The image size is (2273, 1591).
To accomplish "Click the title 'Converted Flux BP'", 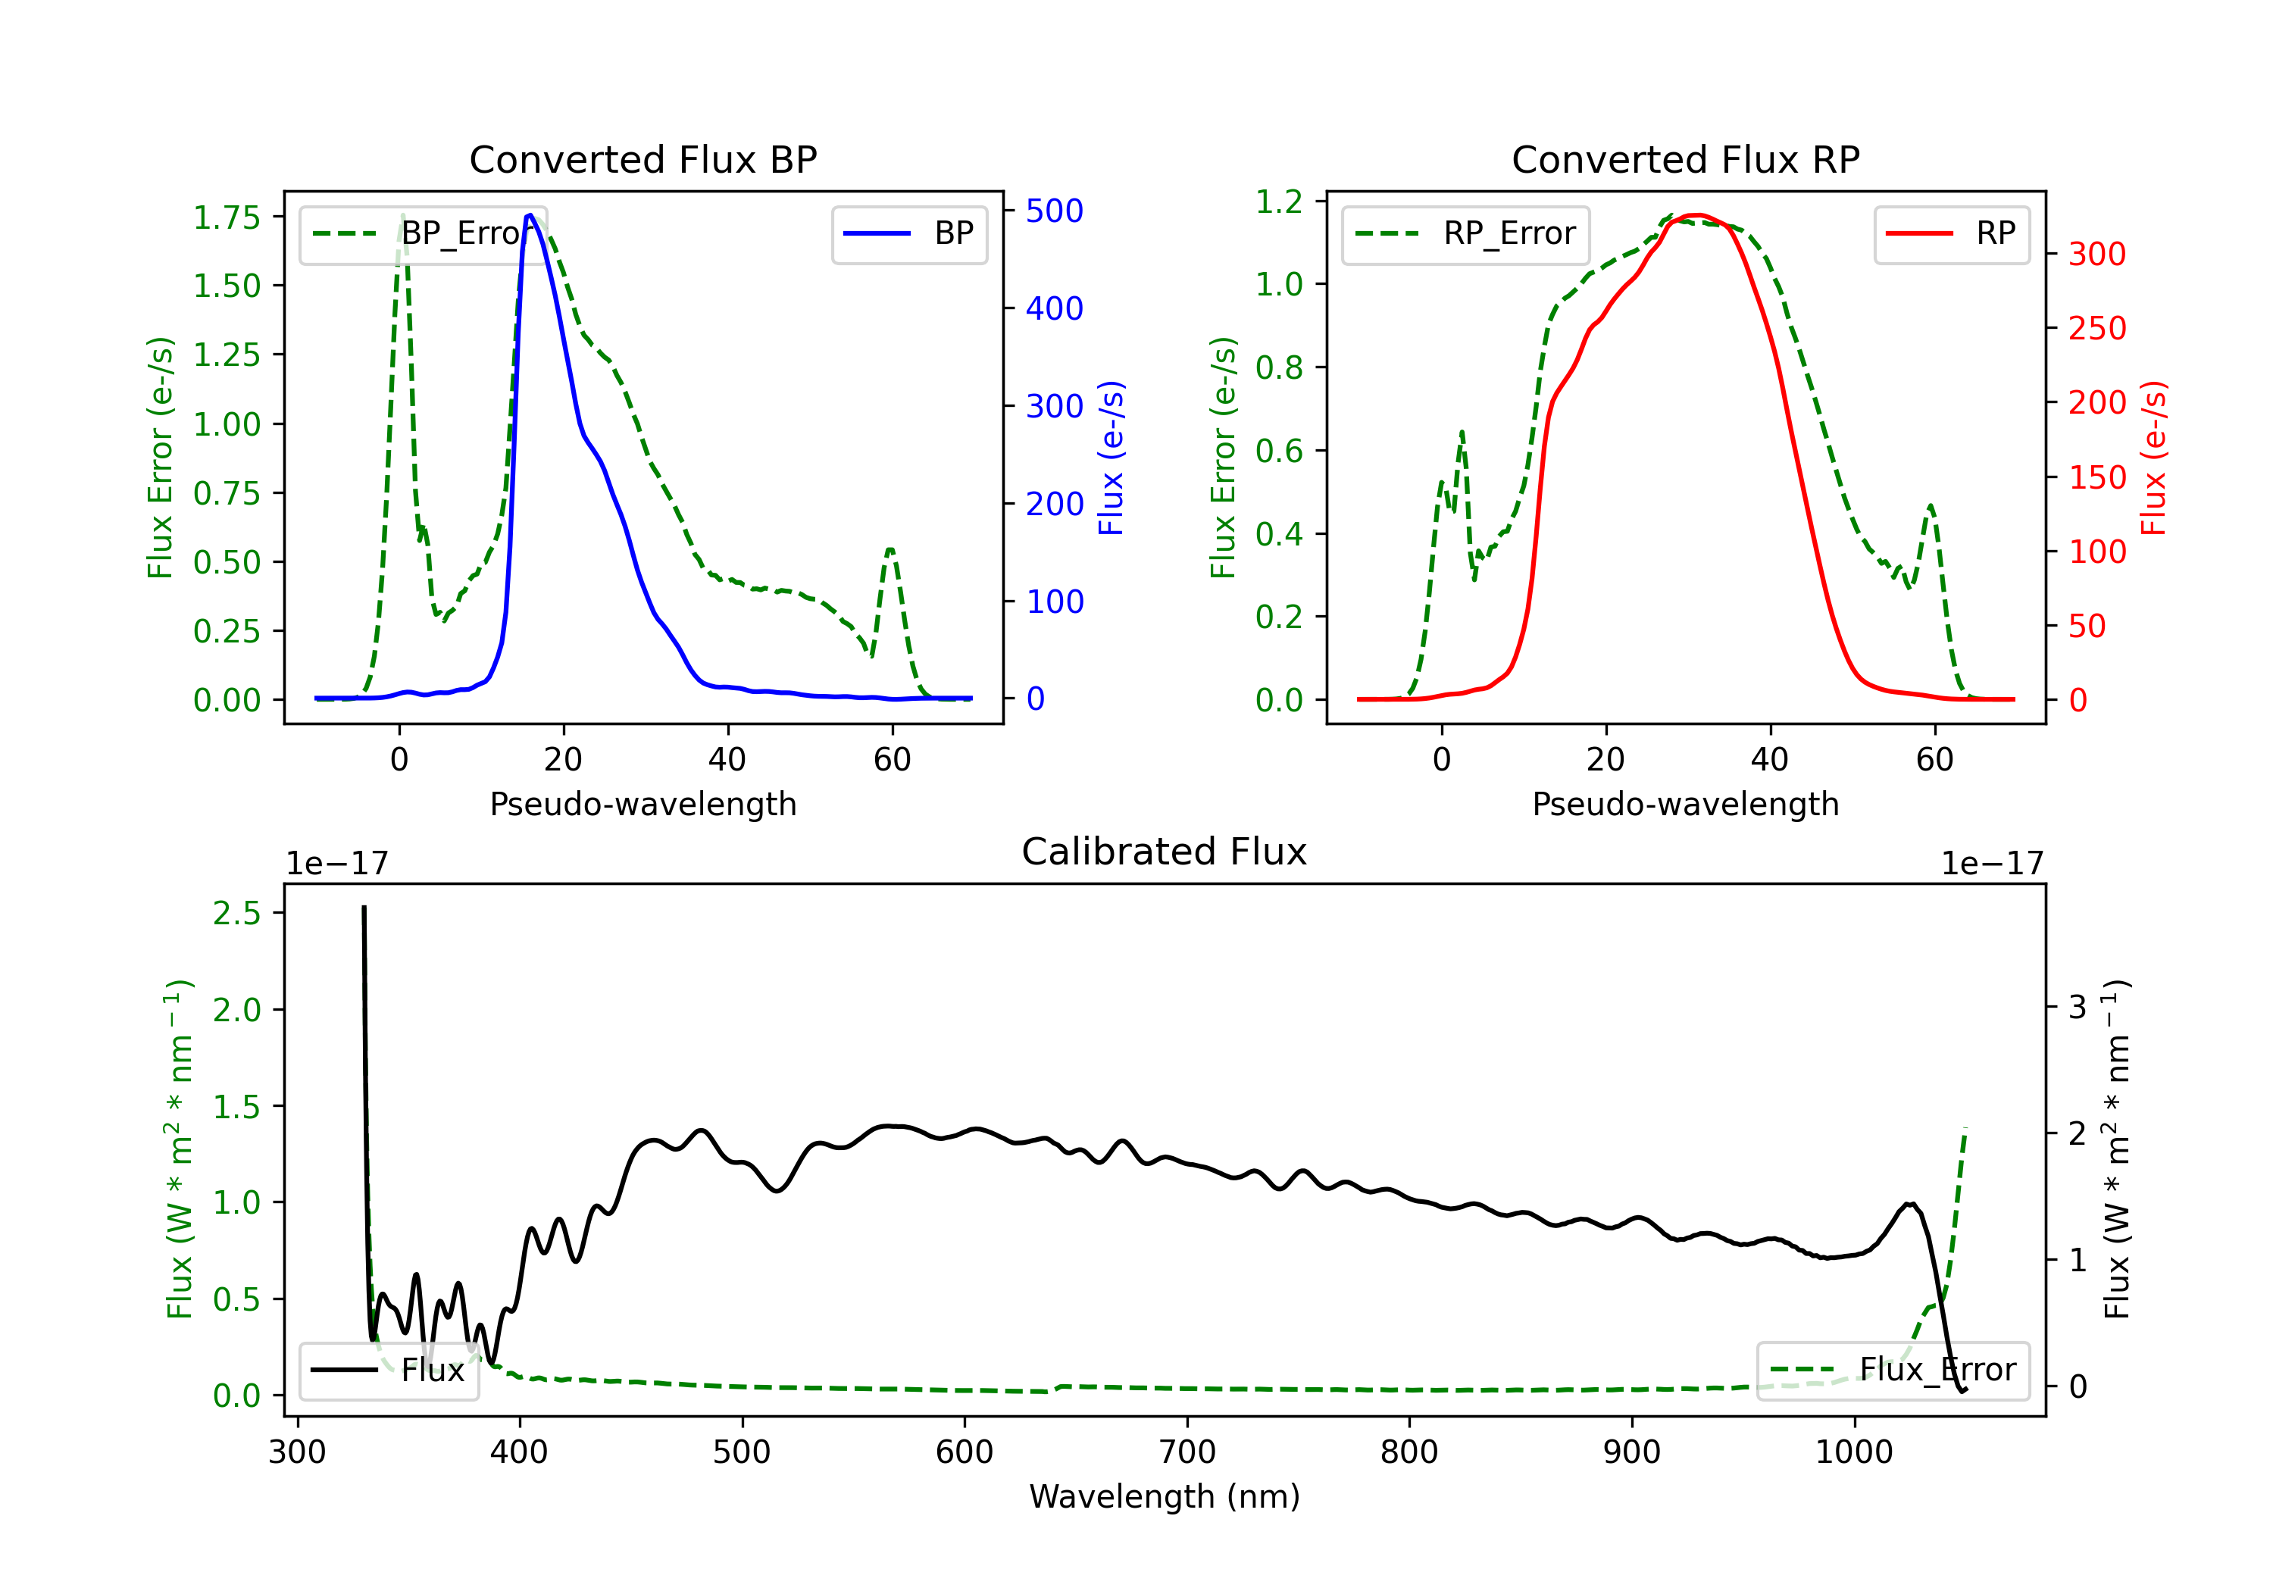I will click(643, 159).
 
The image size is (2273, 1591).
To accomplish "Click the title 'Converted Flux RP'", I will click(1685, 159).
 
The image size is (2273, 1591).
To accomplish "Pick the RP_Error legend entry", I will click(1465, 233).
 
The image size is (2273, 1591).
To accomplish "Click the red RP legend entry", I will click(1951, 233).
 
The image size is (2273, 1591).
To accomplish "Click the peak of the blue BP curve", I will click(530, 215).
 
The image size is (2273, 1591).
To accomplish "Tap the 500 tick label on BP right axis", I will click(1055, 211).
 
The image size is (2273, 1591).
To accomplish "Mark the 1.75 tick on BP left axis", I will click(227, 217).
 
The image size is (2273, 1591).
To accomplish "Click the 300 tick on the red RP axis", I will click(2096, 255).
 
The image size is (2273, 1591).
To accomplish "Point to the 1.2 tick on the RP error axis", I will click(1279, 202).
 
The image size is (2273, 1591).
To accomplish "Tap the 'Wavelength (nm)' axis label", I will click(1165, 1496).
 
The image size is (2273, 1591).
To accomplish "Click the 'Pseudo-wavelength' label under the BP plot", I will click(643, 804).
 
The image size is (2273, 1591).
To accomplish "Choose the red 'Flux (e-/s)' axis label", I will click(2153, 458).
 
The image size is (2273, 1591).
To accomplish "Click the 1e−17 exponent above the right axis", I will click(1992, 864).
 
